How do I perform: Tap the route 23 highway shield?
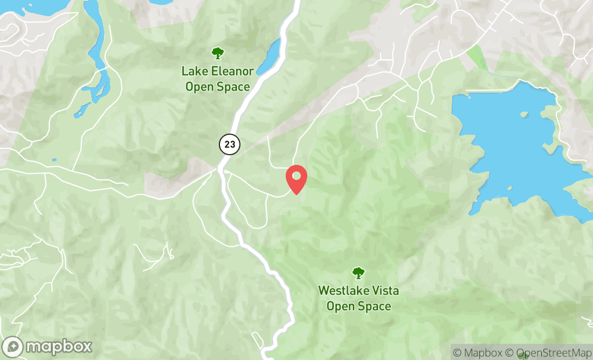point(229,144)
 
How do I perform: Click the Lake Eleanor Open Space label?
point(217,79)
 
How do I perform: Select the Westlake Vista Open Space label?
point(358,299)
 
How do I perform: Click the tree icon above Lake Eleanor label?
point(217,53)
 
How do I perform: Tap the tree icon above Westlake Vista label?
point(358,273)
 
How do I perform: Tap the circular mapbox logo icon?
point(12,347)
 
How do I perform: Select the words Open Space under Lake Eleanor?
point(217,87)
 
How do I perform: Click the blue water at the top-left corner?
point(27,6)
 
